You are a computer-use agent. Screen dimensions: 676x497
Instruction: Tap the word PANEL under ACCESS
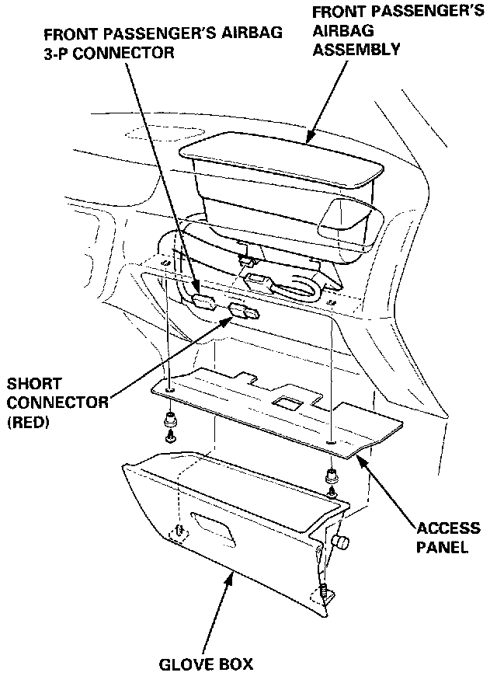point(442,546)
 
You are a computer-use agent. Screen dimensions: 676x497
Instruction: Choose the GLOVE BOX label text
point(206,664)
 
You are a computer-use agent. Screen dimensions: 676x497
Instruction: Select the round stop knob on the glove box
point(339,541)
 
